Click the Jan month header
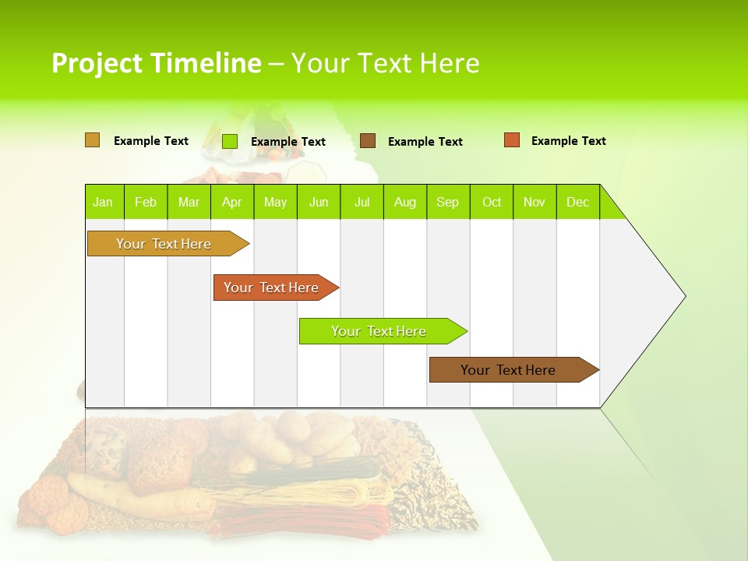coord(103,202)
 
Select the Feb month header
coord(146,202)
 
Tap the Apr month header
coord(231,202)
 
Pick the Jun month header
coord(319,202)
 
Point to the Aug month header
coord(404,202)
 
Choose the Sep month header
coord(447,202)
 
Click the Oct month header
coord(492,202)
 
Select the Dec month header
coord(577,202)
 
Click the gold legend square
coord(92,140)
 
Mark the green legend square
coord(230,141)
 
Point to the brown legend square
coord(368,140)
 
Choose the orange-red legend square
coord(512,140)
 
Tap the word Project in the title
coord(97,63)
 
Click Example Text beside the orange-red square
coord(568,141)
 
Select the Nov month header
coord(535,202)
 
